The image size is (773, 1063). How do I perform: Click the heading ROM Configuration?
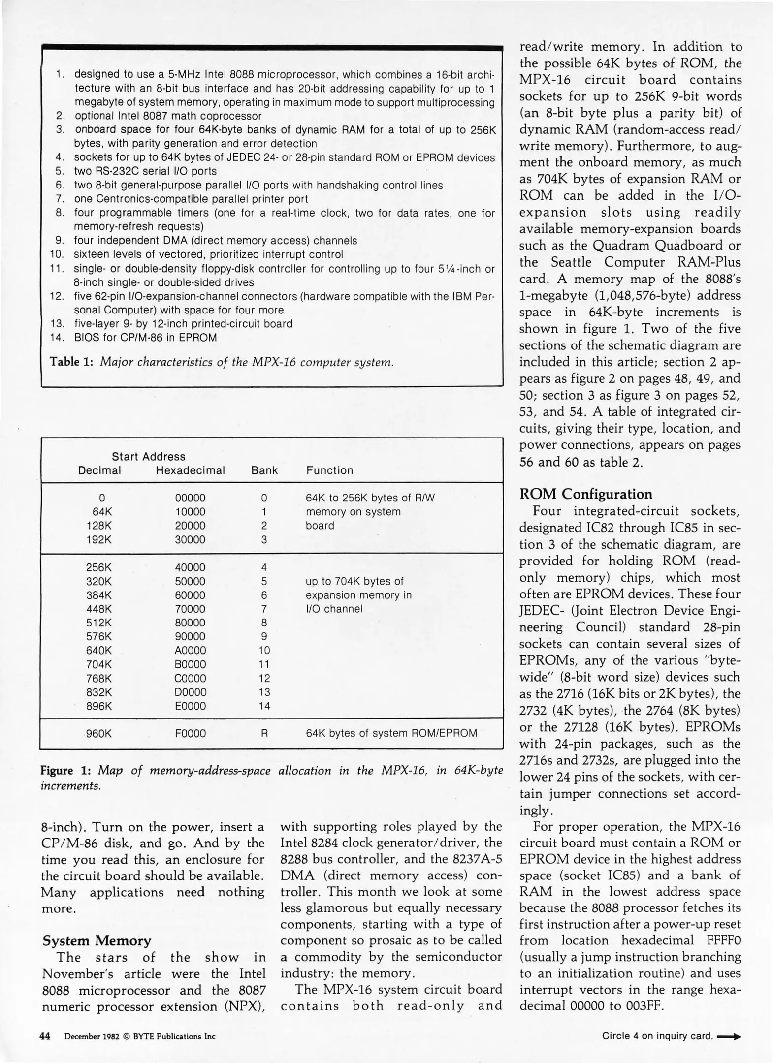point(585,494)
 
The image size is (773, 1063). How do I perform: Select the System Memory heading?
point(97,940)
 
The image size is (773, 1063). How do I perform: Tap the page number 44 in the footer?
point(45,1036)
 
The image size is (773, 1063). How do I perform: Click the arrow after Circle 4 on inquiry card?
point(729,1036)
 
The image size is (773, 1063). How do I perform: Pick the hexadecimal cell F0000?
point(190,733)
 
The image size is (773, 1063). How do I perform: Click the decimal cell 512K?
point(99,623)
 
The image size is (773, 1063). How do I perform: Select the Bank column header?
point(264,470)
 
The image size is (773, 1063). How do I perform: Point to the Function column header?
point(329,470)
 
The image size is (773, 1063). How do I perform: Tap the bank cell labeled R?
point(264,733)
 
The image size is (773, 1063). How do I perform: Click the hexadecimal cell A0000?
point(190,650)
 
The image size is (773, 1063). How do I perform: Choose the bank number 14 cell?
point(264,706)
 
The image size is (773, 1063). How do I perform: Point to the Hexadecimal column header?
point(190,470)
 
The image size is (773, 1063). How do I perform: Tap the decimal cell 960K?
point(99,733)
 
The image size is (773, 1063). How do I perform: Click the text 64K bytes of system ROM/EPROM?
point(391,733)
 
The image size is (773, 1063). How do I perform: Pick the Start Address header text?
point(148,456)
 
